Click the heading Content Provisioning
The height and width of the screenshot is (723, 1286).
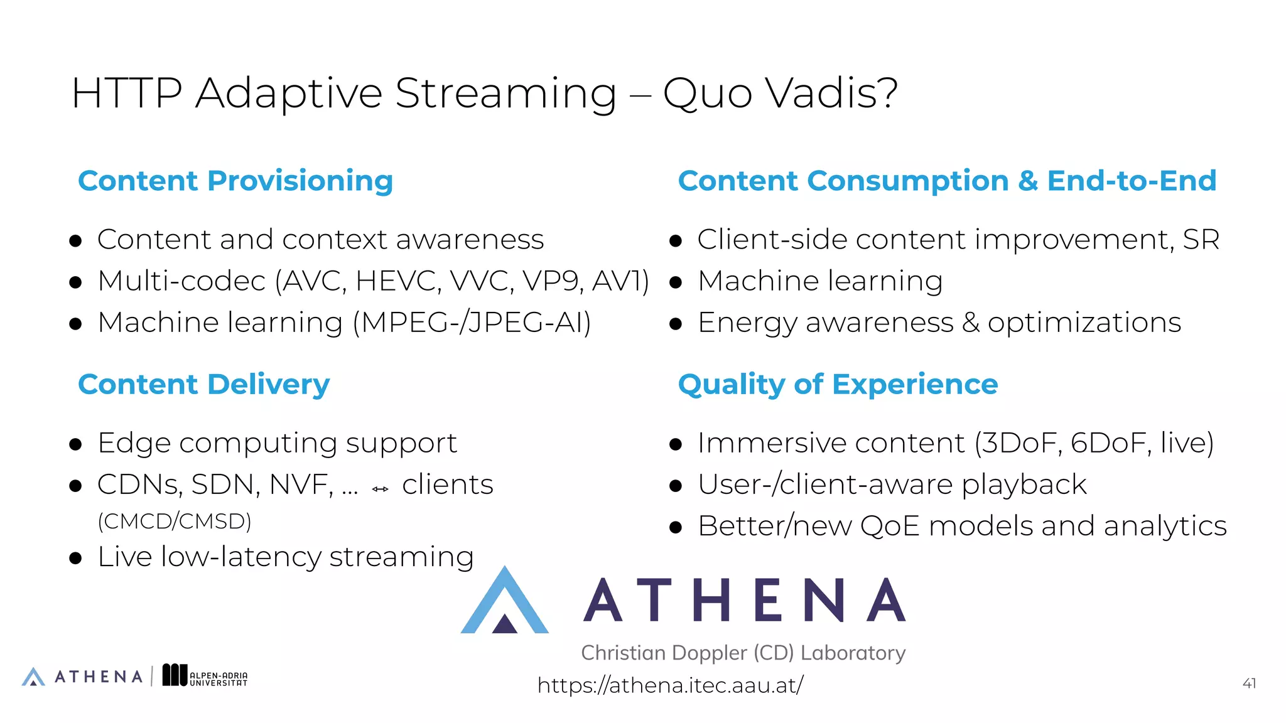pyautogui.click(x=235, y=181)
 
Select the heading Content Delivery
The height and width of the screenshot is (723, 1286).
pyautogui.click(x=203, y=384)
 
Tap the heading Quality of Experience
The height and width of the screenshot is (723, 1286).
pyautogui.click(x=838, y=384)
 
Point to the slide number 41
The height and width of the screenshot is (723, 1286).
pyautogui.click(x=1249, y=683)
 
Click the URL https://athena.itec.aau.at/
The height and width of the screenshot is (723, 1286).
pyautogui.click(x=670, y=685)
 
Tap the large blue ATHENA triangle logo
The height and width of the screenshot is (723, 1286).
pyautogui.click(x=505, y=602)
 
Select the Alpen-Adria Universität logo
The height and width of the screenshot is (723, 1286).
pyautogui.click(x=205, y=675)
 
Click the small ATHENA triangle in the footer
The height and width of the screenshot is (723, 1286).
pyautogui.click(x=33, y=677)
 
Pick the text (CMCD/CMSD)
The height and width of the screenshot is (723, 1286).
pyautogui.click(x=175, y=521)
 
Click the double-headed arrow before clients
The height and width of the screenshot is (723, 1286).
pyautogui.click(x=380, y=489)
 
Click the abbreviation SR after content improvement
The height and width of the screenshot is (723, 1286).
pyautogui.click(x=1201, y=239)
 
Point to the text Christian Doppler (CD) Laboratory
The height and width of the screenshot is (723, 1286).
pyautogui.click(x=743, y=653)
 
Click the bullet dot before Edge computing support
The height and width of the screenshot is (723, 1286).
pyautogui.click(x=75, y=445)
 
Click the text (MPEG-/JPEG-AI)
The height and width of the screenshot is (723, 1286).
pyautogui.click(x=472, y=323)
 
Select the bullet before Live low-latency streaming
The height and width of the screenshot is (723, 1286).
pyautogui.click(x=75, y=558)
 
